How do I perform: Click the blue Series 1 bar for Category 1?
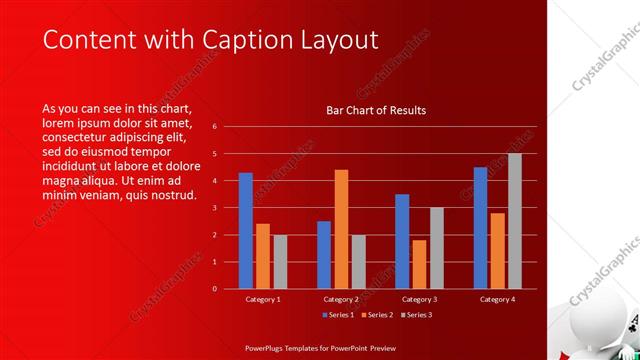point(246,230)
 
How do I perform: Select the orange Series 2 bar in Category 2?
point(341,229)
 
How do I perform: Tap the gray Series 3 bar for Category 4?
point(515,221)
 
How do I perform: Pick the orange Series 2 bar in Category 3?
point(419,264)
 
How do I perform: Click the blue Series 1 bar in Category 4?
point(480,227)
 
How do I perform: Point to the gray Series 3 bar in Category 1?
point(280,261)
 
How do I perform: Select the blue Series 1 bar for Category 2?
point(324,254)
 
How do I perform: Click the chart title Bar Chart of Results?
point(376,110)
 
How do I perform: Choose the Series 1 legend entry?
point(338,315)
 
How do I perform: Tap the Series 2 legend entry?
point(376,315)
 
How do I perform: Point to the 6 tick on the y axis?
point(214,127)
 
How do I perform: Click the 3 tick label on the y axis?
point(214,208)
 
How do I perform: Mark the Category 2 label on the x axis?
point(341,299)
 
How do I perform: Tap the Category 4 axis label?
point(497,299)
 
